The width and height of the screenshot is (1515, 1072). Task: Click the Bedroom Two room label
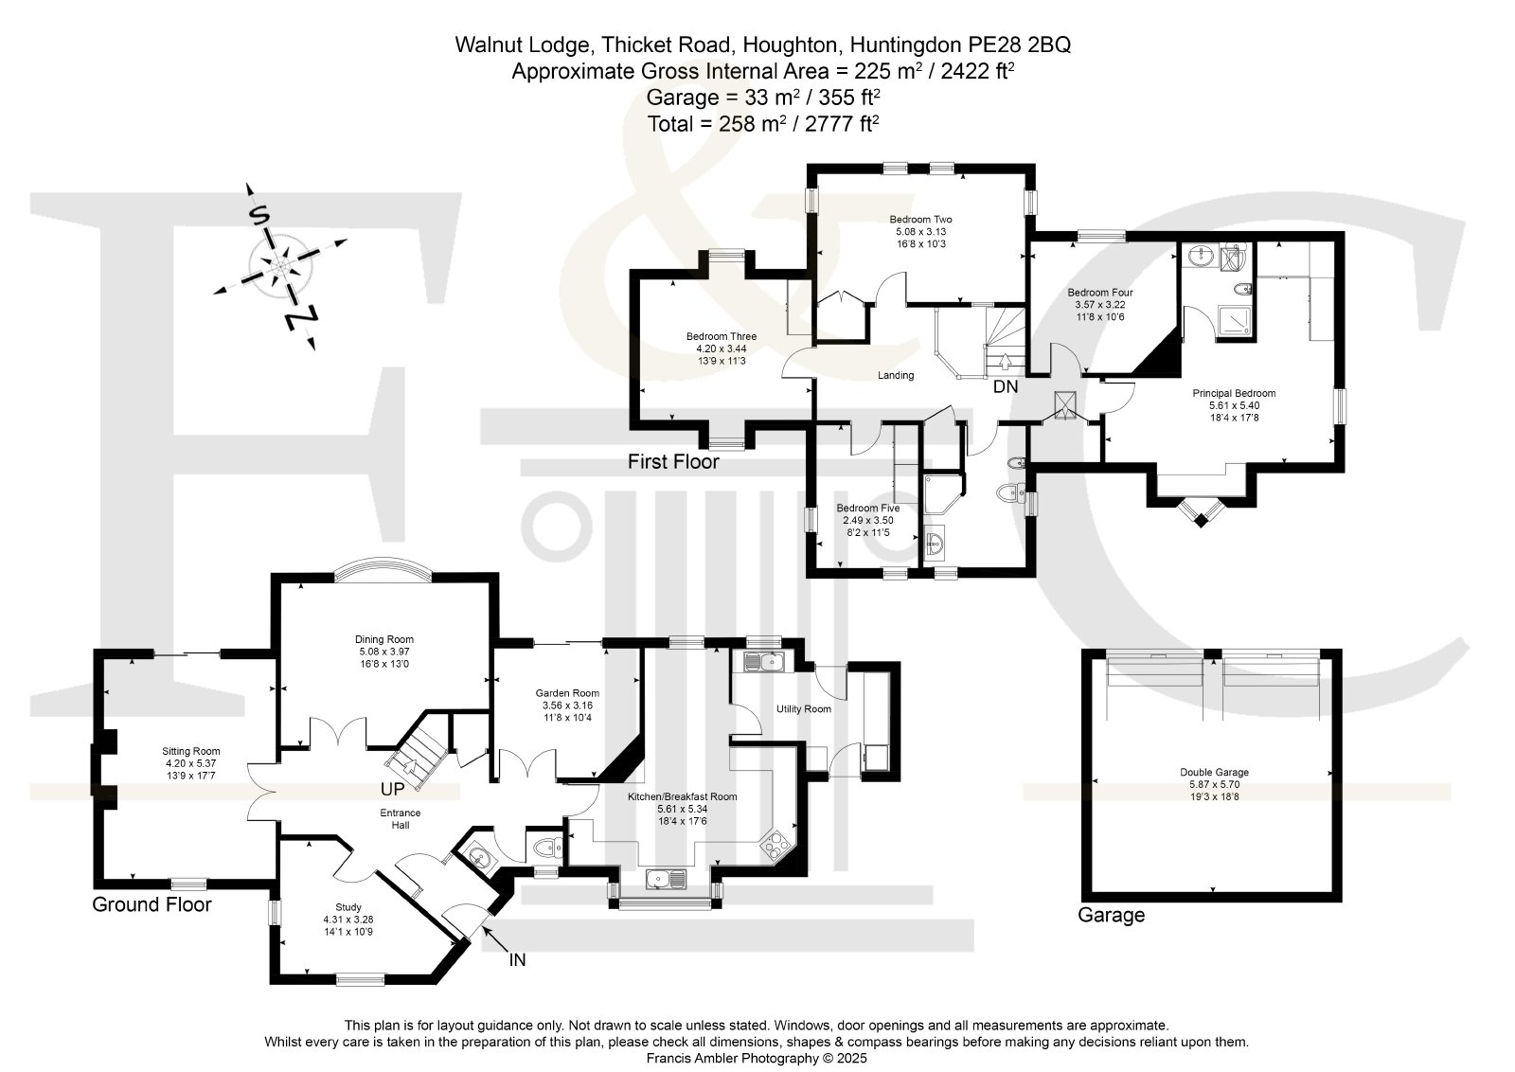pyautogui.click(x=920, y=219)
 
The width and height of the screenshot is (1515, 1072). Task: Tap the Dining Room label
pyautogui.click(x=384, y=639)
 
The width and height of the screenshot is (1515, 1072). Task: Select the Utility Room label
pyautogui.click(x=804, y=708)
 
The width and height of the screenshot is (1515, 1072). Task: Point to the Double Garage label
pyautogui.click(x=1214, y=772)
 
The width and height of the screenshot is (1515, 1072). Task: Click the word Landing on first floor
pyautogui.click(x=896, y=375)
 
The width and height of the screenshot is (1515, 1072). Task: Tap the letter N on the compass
pyautogui.click(x=301, y=318)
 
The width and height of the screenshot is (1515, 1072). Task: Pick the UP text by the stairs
pyautogui.click(x=392, y=789)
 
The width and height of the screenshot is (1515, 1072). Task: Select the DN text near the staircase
pyautogui.click(x=1005, y=387)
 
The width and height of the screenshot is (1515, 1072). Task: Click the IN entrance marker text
pyautogui.click(x=517, y=959)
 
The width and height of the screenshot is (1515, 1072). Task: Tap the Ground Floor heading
pyautogui.click(x=151, y=904)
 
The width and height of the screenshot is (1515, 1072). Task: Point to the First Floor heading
pyautogui.click(x=673, y=462)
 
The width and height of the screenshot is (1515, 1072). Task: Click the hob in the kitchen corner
pyautogui.click(x=775, y=844)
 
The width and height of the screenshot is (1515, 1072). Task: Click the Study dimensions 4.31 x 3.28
pyautogui.click(x=348, y=920)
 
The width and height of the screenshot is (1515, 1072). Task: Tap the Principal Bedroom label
pyautogui.click(x=1234, y=393)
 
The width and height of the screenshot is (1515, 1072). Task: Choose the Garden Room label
pyautogui.click(x=567, y=693)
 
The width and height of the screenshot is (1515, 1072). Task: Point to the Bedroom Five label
pyautogui.click(x=867, y=508)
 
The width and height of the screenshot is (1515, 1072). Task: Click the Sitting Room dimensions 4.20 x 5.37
pyautogui.click(x=190, y=763)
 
